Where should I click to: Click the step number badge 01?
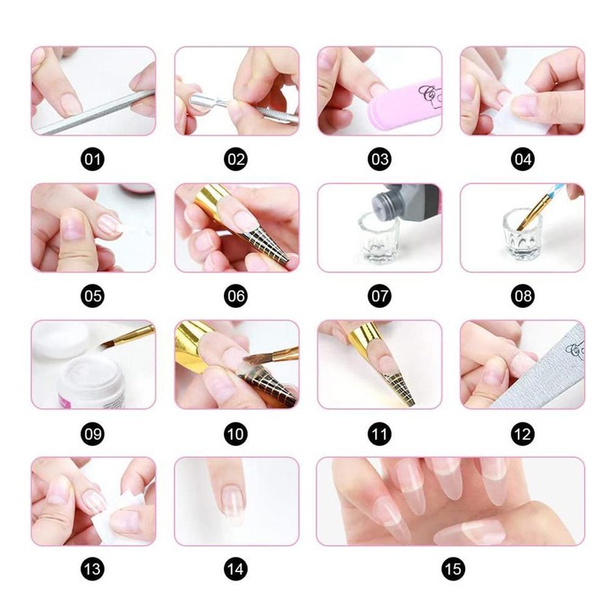[93, 160]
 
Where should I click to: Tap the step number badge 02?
[236, 160]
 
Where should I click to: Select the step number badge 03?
[380, 160]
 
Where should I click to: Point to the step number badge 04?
[523, 160]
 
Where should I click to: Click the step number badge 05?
[93, 296]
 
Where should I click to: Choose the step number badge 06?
[236, 296]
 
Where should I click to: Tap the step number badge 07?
[380, 296]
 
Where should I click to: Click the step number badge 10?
[236, 434]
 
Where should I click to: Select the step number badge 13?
[93, 569]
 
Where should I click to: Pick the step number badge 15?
[451, 569]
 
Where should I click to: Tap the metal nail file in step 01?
[92, 115]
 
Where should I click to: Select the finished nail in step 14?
[228, 500]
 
